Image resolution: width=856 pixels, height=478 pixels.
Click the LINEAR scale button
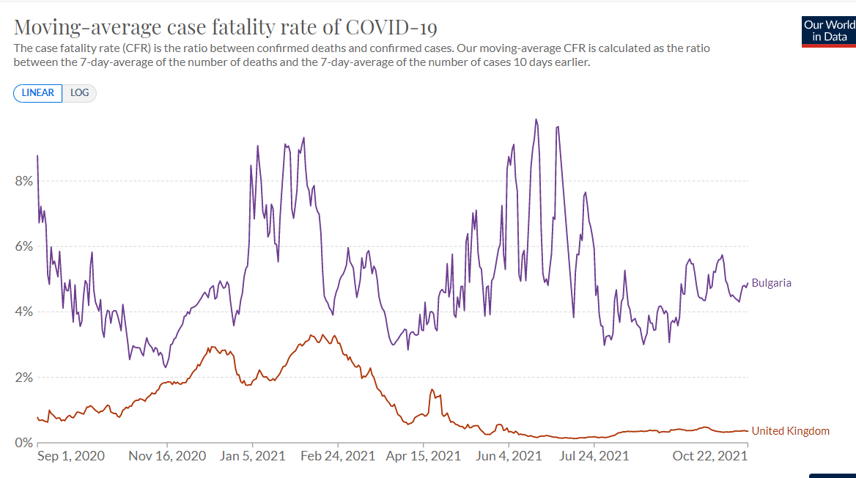tap(38, 93)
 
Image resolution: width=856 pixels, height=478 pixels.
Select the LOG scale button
tap(79, 93)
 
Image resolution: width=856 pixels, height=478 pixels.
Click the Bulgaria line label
tap(772, 283)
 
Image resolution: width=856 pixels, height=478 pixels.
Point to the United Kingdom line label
tap(790, 431)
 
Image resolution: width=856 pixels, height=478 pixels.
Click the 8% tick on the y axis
tap(23, 181)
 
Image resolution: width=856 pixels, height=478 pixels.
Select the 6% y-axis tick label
tap(23, 247)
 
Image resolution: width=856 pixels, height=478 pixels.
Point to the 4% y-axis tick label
tap(23, 312)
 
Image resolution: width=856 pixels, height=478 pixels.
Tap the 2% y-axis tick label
tap(23, 378)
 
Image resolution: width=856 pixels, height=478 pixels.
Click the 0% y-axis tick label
tap(23, 443)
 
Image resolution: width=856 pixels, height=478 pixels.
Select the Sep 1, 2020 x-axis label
tap(71, 456)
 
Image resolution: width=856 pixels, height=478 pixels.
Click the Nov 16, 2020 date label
tap(168, 456)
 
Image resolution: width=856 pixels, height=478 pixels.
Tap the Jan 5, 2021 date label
tap(252, 456)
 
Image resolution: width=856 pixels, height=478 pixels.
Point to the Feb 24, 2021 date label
tap(338, 456)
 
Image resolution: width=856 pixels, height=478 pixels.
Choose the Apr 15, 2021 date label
tap(424, 456)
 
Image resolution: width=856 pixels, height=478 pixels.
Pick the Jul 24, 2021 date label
tap(594, 456)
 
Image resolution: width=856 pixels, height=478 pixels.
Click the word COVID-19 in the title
tap(391, 28)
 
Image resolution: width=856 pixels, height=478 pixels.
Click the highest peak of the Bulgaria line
tap(536, 119)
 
